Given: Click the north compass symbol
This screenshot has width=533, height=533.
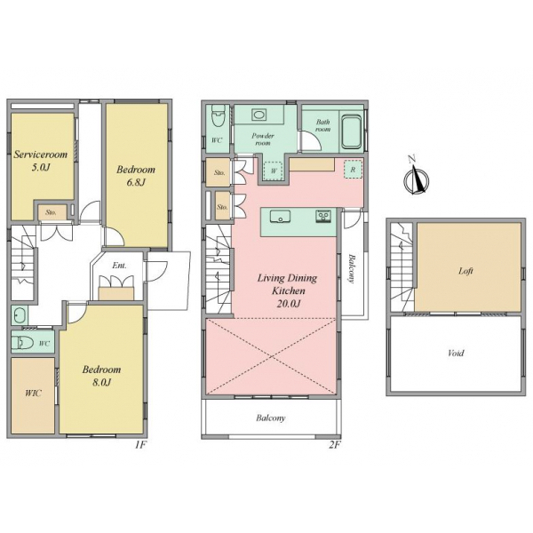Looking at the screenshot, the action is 416,179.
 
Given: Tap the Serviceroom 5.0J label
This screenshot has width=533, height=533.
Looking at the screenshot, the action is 41,160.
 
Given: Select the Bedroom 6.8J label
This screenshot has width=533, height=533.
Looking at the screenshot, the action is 136,175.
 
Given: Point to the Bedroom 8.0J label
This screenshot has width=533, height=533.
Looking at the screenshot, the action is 101,375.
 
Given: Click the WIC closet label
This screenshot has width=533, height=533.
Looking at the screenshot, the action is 33,394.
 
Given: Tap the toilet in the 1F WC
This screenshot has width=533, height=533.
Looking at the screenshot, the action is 22,343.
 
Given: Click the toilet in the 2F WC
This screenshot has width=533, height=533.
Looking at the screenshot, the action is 219,115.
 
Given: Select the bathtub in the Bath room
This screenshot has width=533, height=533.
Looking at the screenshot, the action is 351,132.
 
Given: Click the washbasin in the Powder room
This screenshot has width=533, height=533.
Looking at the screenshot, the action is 259,115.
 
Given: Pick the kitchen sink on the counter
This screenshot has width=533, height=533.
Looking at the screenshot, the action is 281,217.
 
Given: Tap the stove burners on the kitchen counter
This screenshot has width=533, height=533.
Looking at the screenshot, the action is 322,216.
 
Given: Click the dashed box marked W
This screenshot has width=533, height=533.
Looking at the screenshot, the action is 274,170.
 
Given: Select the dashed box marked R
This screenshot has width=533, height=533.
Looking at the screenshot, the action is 353,169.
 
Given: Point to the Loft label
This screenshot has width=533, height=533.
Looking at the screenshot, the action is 465,271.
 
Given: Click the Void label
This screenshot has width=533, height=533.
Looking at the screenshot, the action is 456,353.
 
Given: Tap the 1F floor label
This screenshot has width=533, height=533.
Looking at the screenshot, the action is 140,445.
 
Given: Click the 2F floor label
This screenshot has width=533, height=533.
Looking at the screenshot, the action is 335,445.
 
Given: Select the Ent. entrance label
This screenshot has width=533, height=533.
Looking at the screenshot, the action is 119,265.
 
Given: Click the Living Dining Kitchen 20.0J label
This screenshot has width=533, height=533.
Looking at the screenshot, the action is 287,290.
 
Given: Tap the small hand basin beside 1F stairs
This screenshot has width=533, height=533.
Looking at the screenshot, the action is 20,315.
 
